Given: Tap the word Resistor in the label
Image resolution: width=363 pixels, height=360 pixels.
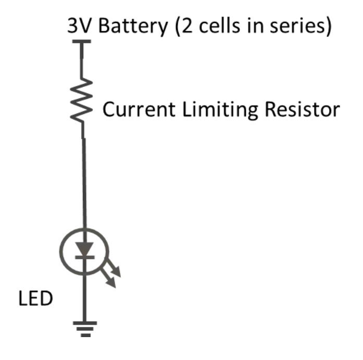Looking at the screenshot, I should click(x=302, y=110).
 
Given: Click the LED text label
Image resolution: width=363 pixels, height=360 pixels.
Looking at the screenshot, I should click(x=35, y=300).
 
